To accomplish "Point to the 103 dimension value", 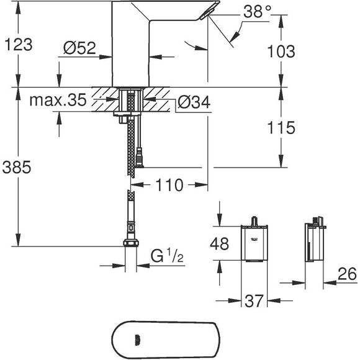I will pyautogui.click(x=283, y=52).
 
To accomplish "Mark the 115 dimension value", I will pyautogui.click(x=282, y=128).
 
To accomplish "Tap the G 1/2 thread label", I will pyautogui.click(x=165, y=254).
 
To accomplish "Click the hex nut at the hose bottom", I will pyautogui.click(x=131, y=243).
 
